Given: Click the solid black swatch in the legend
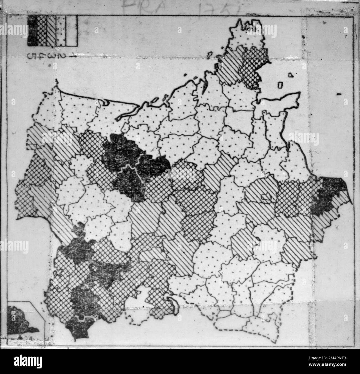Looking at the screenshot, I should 33,30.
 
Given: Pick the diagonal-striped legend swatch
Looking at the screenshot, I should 52,30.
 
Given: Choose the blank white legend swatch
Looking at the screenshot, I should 72,30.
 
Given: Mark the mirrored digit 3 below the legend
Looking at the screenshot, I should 52,56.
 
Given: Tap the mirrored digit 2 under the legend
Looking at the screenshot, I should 61,56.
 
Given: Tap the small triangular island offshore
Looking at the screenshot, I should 290,75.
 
